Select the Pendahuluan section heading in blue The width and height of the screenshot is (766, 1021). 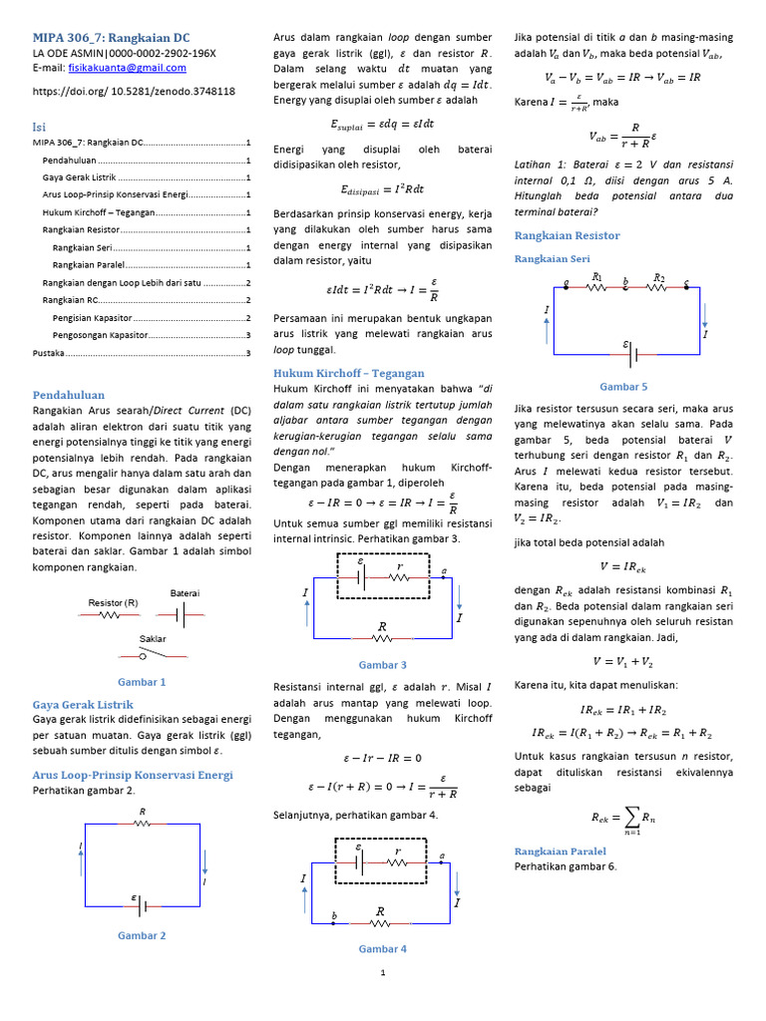click(x=69, y=395)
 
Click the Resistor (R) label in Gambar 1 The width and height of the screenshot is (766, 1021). click(x=113, y=602)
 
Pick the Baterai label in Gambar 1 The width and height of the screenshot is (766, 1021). click(x=185, y=592)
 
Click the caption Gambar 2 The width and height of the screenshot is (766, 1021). click(x=142, y=935)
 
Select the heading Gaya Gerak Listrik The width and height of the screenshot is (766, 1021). click(x=83, y=704)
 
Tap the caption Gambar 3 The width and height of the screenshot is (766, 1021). click(x=382, y=664)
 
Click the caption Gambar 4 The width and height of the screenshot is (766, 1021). click(x=382, y=949)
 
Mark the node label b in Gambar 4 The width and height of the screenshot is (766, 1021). click(x=334, y=915)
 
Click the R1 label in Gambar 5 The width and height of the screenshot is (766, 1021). click(x=596, y=277)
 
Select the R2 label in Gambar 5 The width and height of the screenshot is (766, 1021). click(x=658, y=277)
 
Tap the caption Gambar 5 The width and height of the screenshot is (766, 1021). click(x=623, y=386)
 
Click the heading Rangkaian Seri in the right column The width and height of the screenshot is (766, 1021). click(x=552, y=258)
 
